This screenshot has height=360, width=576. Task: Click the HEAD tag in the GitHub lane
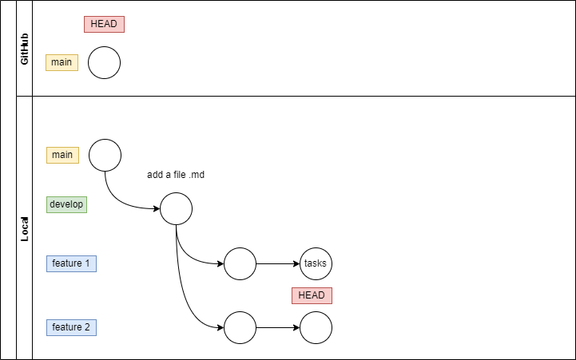coord(104,24)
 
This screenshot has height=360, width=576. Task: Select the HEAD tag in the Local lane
coord(312,295)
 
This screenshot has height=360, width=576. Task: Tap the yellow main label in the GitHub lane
coord(62,62)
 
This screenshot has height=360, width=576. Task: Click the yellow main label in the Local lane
coord(62,155)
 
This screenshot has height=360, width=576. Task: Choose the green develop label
coord(66,204)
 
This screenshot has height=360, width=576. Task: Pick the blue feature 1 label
coord(71,263)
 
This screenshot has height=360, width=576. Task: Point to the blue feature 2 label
coord(71,327)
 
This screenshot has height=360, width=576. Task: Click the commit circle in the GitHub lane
coord(104,63)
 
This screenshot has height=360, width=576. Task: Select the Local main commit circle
coord(105,155)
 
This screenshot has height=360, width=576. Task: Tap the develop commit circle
coord(176,210)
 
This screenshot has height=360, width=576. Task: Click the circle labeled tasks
coord(316,263)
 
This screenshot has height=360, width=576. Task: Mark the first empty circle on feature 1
coord(240,263)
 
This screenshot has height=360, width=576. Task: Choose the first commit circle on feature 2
coord(240,327)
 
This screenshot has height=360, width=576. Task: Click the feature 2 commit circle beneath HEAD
coord(316,327)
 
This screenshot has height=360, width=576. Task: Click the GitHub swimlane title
coord(24,49)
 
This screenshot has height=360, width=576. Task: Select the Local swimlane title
coord(24,229)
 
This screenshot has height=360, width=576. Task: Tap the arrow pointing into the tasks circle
coord(277,263)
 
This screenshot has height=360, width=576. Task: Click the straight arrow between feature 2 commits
coord(277,327)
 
